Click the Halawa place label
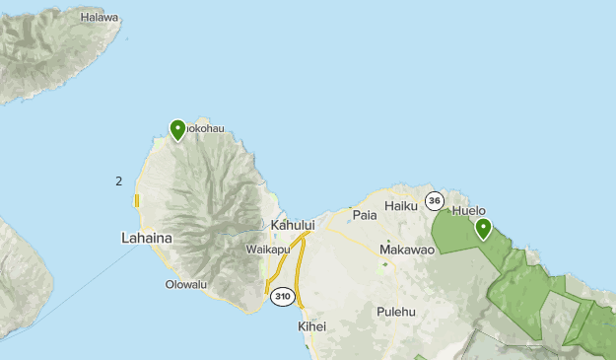(100, 18)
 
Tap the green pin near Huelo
(484, 229)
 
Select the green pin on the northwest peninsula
(178, 129)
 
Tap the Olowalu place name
(186, 285)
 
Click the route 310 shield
(283, 296)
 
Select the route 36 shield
(435, 200)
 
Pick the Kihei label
(311, 326)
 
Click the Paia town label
(365, 214)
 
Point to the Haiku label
(401, 206)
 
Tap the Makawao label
(407, 250)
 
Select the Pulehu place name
(397, 312)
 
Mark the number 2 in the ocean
(118, 181)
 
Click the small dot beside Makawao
(390, 239)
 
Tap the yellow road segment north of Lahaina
(137, 201)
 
